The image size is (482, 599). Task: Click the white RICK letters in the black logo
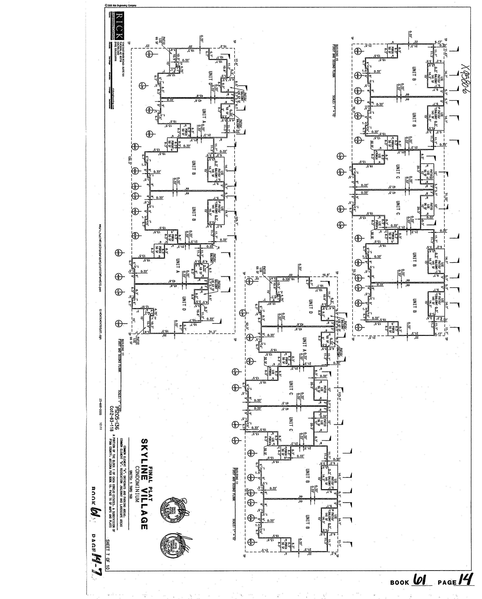pos(119,26)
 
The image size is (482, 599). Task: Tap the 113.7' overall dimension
pos(339,394)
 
